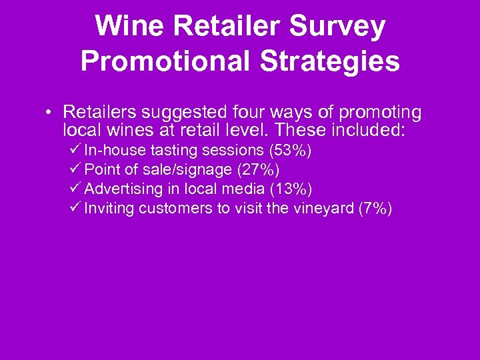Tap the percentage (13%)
(291, 189)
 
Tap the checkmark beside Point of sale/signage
(75, 169)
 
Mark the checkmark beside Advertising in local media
(75, 189)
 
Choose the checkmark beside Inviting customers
(75, 208)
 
